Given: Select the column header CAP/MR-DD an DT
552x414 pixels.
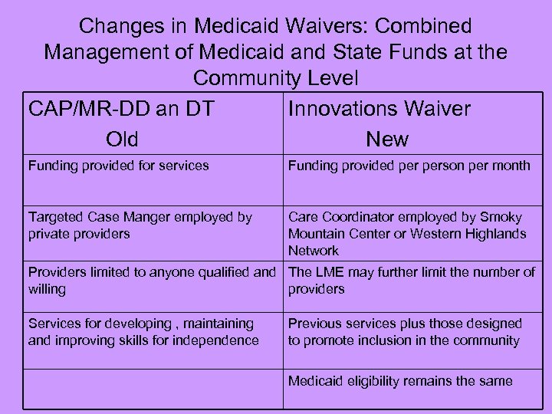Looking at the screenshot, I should [121, 109].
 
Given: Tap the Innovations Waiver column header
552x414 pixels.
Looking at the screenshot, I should [379, 109].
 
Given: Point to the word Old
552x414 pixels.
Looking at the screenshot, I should [123, 139].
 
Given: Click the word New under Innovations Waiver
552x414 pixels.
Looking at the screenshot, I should [387, 139].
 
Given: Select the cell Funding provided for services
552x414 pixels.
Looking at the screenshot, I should [118, 166].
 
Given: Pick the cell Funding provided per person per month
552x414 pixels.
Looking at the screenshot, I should [409, 166].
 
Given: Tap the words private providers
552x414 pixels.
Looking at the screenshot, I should [79, 234].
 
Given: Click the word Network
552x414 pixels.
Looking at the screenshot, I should [314, 251].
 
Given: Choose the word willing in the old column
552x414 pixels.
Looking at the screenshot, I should [47, 289].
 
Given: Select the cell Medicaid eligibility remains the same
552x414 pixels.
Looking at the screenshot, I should [400, 381].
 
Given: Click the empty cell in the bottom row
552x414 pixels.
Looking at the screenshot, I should [153, 389].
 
